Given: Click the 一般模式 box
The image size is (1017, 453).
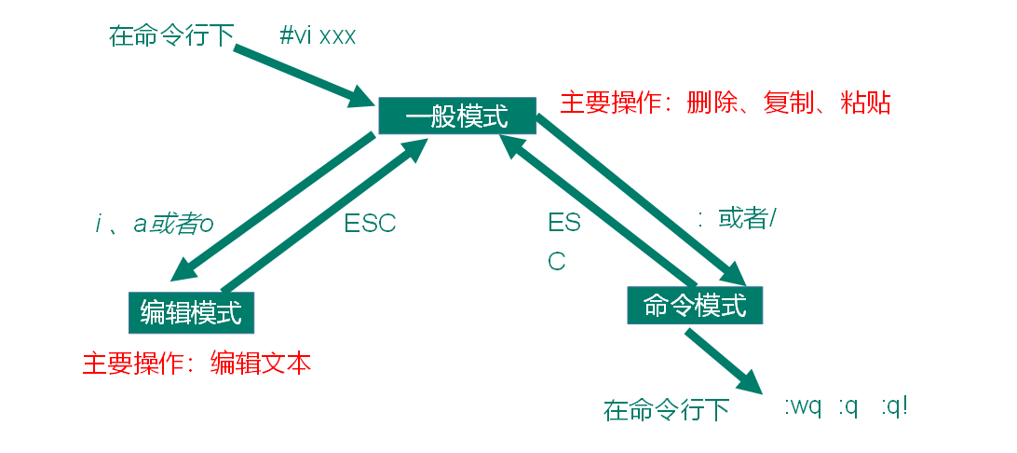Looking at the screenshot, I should [x=457, y=115].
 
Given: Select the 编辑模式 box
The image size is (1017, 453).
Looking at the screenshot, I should [x=191, y=312].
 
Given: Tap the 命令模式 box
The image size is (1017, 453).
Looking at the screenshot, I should [x=695, y=305].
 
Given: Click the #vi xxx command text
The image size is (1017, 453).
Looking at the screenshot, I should [x=318, y=37].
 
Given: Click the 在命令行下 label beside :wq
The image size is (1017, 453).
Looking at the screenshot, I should [x=666, y=410].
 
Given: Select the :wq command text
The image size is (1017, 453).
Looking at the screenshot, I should [x=802, y=407].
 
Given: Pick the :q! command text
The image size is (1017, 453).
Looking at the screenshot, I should [x=893, y=407].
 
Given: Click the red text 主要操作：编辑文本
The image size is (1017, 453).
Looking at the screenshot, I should [x=197, y=363].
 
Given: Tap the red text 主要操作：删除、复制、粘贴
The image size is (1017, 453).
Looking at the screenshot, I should [x=725, y=103].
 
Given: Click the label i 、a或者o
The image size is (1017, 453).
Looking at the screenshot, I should [x=155, y=225].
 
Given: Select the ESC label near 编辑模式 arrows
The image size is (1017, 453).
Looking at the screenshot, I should [x=370, y=224].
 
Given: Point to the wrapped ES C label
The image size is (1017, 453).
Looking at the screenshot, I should [x=563, y=241].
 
